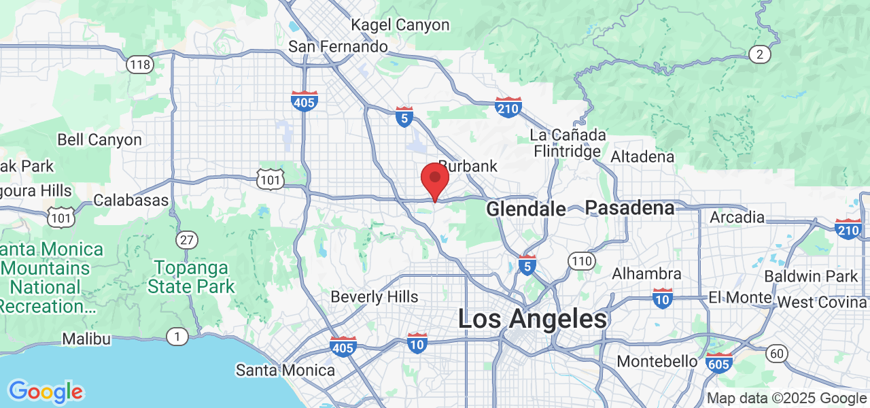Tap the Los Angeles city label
[532, 319]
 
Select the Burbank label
[468, 166]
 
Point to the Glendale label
[526, 209]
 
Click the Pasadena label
[630, 207]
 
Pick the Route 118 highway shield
[139, 65]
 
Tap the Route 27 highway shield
[186, 239]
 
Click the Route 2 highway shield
[759, 54]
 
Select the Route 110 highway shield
[581, 260]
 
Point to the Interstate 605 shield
[719, 362]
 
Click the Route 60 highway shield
[776, 353]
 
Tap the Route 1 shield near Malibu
[177, 336]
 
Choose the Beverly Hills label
[375, 297]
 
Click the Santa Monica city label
[285, 371]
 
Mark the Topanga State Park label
[191, 277]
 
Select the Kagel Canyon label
[400, 25]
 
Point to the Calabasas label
[131, 201]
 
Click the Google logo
[46, 392]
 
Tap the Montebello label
[657, 361]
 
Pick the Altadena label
[642, 157]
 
